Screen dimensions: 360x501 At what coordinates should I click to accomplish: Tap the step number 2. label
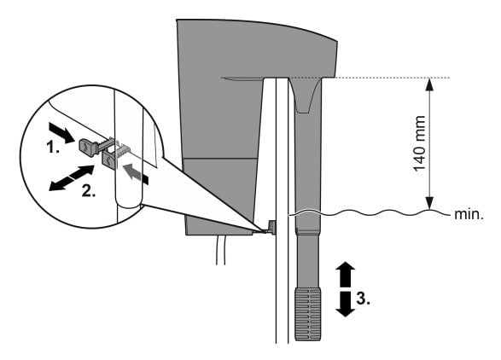coord(88,190)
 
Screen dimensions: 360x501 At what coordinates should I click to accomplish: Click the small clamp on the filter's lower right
coord(271,228)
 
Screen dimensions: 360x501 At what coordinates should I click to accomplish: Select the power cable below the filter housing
coord(224,256)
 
